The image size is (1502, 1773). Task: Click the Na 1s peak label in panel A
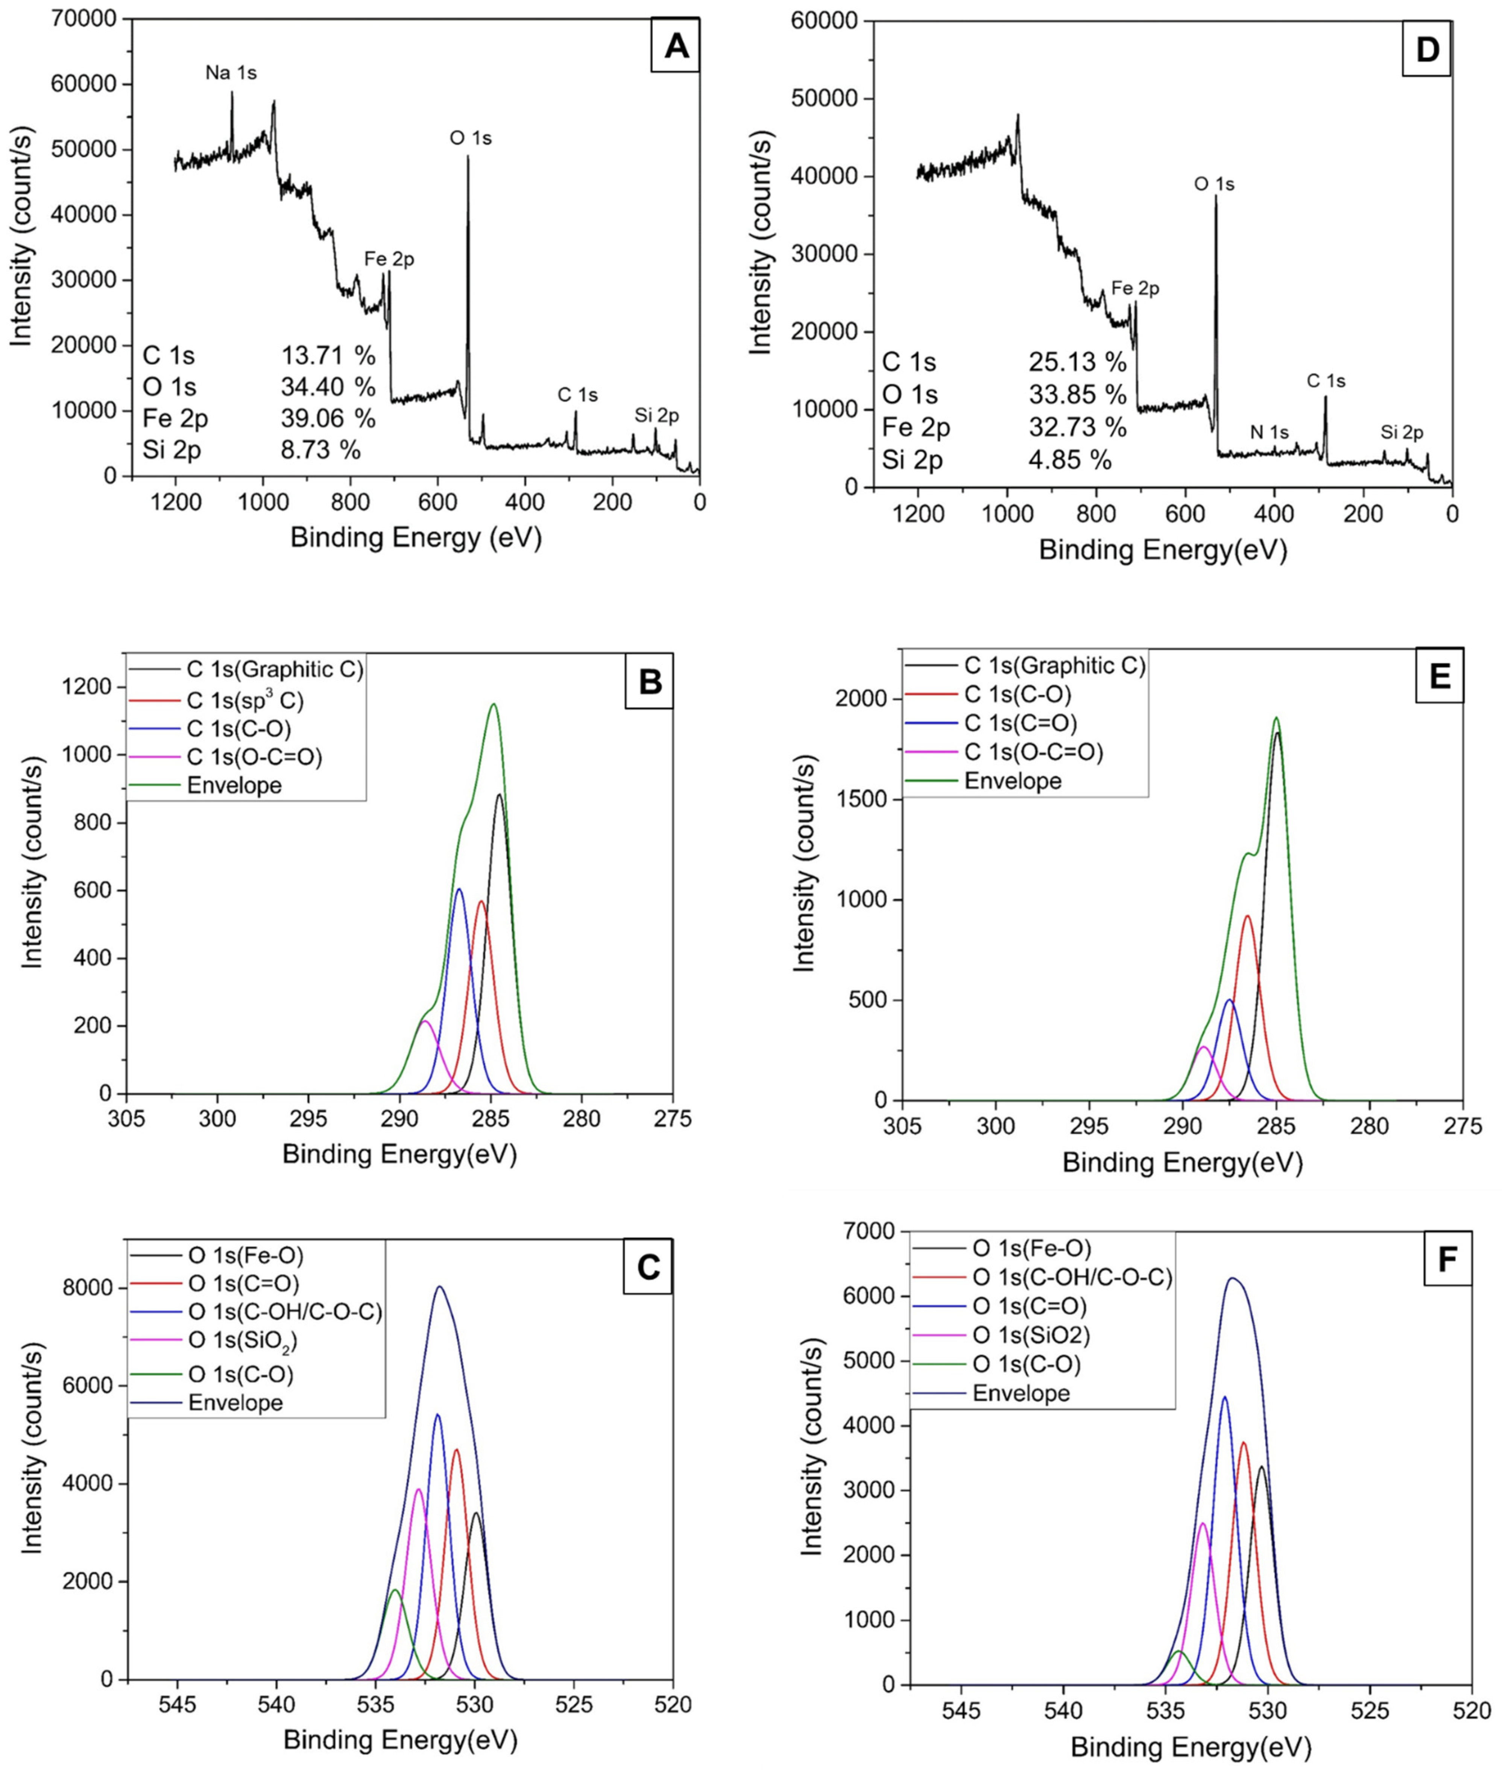click(x=231, y=73)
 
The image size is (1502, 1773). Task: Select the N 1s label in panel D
click(x=1269, y=433)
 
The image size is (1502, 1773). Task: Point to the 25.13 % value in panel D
click(x=1077, y=362)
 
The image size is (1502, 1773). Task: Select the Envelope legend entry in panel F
click(x=1021, y=1393)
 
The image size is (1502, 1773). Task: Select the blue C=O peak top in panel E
click(x=1229, y=1000)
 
